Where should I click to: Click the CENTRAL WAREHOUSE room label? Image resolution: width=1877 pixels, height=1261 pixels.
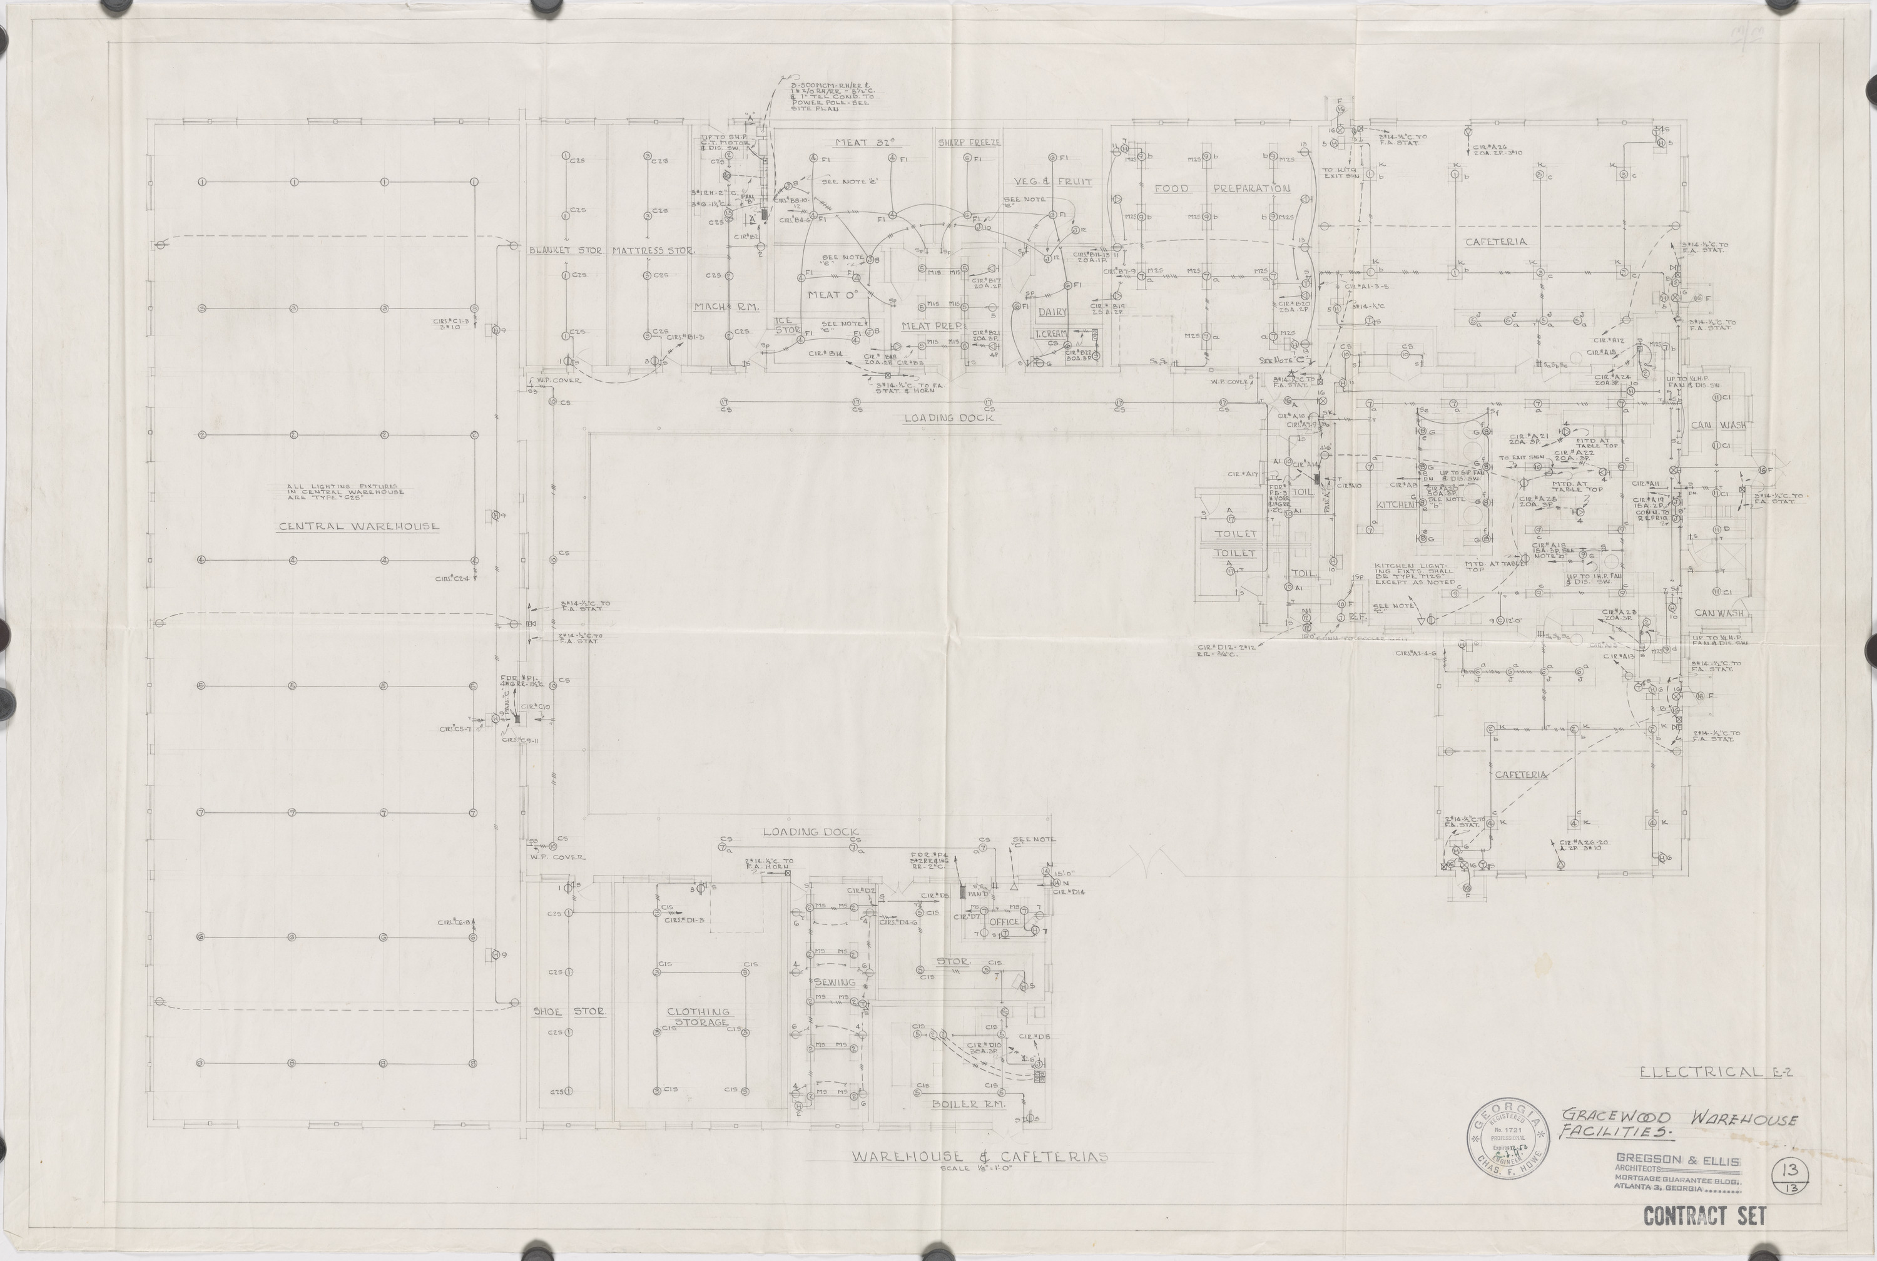pos(359,527)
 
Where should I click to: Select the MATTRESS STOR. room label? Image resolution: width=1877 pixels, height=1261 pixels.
pos(653,251)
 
